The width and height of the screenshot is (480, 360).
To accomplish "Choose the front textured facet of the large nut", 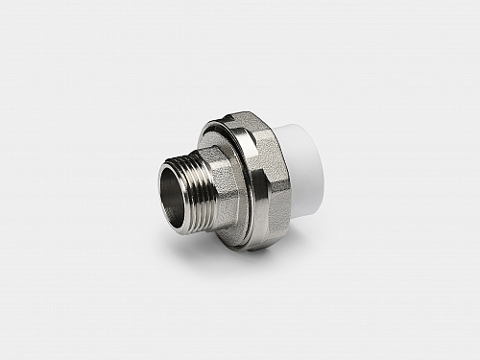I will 264,187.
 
